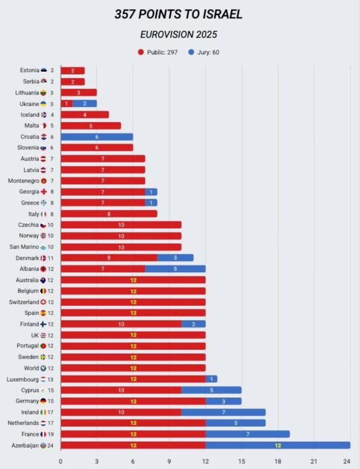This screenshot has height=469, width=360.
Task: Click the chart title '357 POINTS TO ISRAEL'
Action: [178, 15]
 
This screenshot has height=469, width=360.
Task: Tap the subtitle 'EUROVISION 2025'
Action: [178, 35]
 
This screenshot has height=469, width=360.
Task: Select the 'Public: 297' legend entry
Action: [158, 52]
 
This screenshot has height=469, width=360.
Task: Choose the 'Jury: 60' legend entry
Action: [203, 52]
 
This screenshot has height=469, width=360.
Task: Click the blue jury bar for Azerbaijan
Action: [277, 445]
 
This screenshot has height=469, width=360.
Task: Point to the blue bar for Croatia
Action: [97, 137]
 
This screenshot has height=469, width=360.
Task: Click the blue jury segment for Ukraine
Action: [85, 104]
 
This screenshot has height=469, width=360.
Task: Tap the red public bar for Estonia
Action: [72, 71]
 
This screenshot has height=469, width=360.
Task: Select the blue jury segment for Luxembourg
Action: [211, 379]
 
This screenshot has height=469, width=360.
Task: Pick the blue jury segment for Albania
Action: [175, 269]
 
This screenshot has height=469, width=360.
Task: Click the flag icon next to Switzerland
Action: [44, 302]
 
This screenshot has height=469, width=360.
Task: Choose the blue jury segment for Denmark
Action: [175, 258]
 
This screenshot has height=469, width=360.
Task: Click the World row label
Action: [31, 368]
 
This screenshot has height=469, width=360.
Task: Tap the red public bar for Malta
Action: [91, 126]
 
